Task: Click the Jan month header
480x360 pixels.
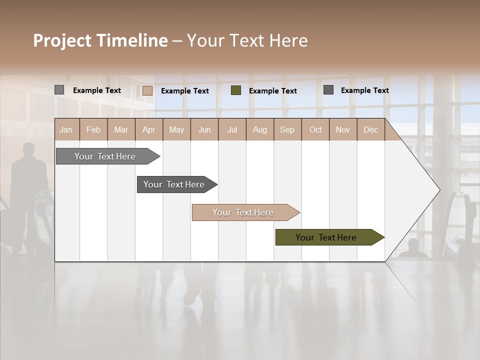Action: (x=66, y=129)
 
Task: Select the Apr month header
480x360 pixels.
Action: (x=148, y=129)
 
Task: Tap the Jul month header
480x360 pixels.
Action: (x=232, y=129)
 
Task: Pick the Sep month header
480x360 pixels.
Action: (x=287, y=129)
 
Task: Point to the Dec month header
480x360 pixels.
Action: (x=370, y=129)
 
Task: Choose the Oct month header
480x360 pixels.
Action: (x=315, y=129)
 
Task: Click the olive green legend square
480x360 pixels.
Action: (x=236, y=90)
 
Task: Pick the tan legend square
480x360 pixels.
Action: (x=147, y=90)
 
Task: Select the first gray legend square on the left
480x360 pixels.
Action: (x=59, y=90)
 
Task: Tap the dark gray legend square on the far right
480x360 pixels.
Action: (x=328, y=90)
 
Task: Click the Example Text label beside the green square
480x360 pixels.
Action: (x=272, y=90)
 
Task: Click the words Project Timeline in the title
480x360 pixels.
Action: (x=100, y=40)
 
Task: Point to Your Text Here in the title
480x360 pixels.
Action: (x=247, y=40)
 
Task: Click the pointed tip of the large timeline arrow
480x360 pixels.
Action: (x=438, y=189)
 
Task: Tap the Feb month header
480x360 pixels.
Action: (x=93, y=129)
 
